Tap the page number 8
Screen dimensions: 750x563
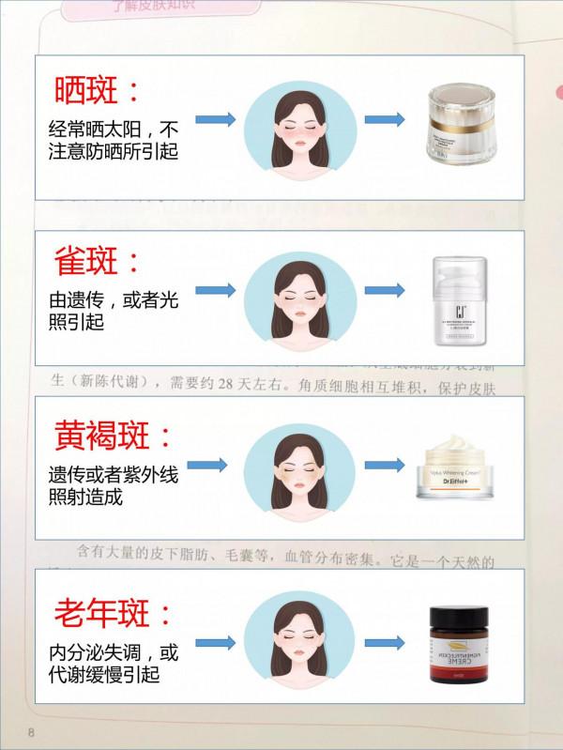pos(31,732)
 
